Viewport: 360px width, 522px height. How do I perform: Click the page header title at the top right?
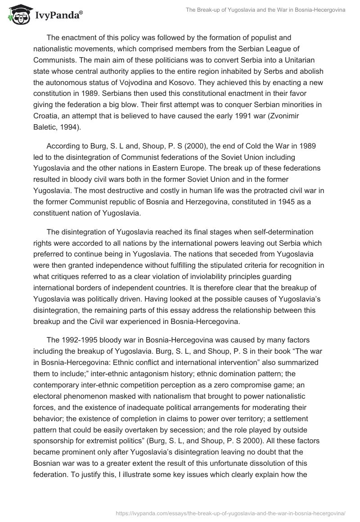265,10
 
